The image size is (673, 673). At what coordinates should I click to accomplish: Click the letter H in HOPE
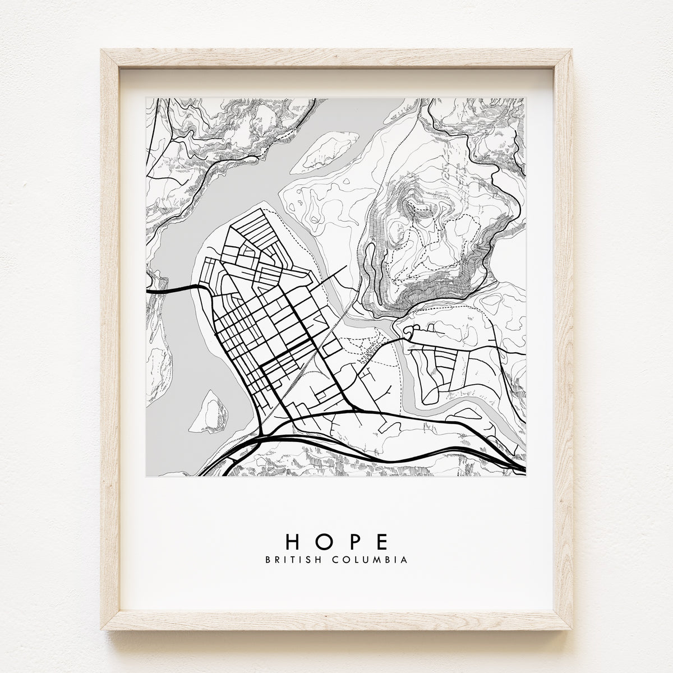(x=295, y=541)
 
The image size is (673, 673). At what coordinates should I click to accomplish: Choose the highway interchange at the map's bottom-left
(x=252, y=443)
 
